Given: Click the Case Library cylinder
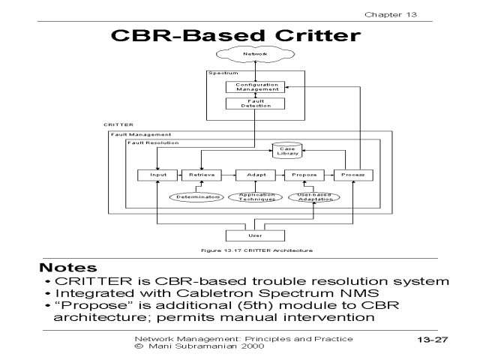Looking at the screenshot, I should (x=286, y=151).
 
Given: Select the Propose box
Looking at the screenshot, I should (x=303, y=175).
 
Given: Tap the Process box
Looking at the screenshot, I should (x=353, y=175).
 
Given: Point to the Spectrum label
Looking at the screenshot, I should (x=223, y=73).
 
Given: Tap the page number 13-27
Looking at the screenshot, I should (x=432, y=340).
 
